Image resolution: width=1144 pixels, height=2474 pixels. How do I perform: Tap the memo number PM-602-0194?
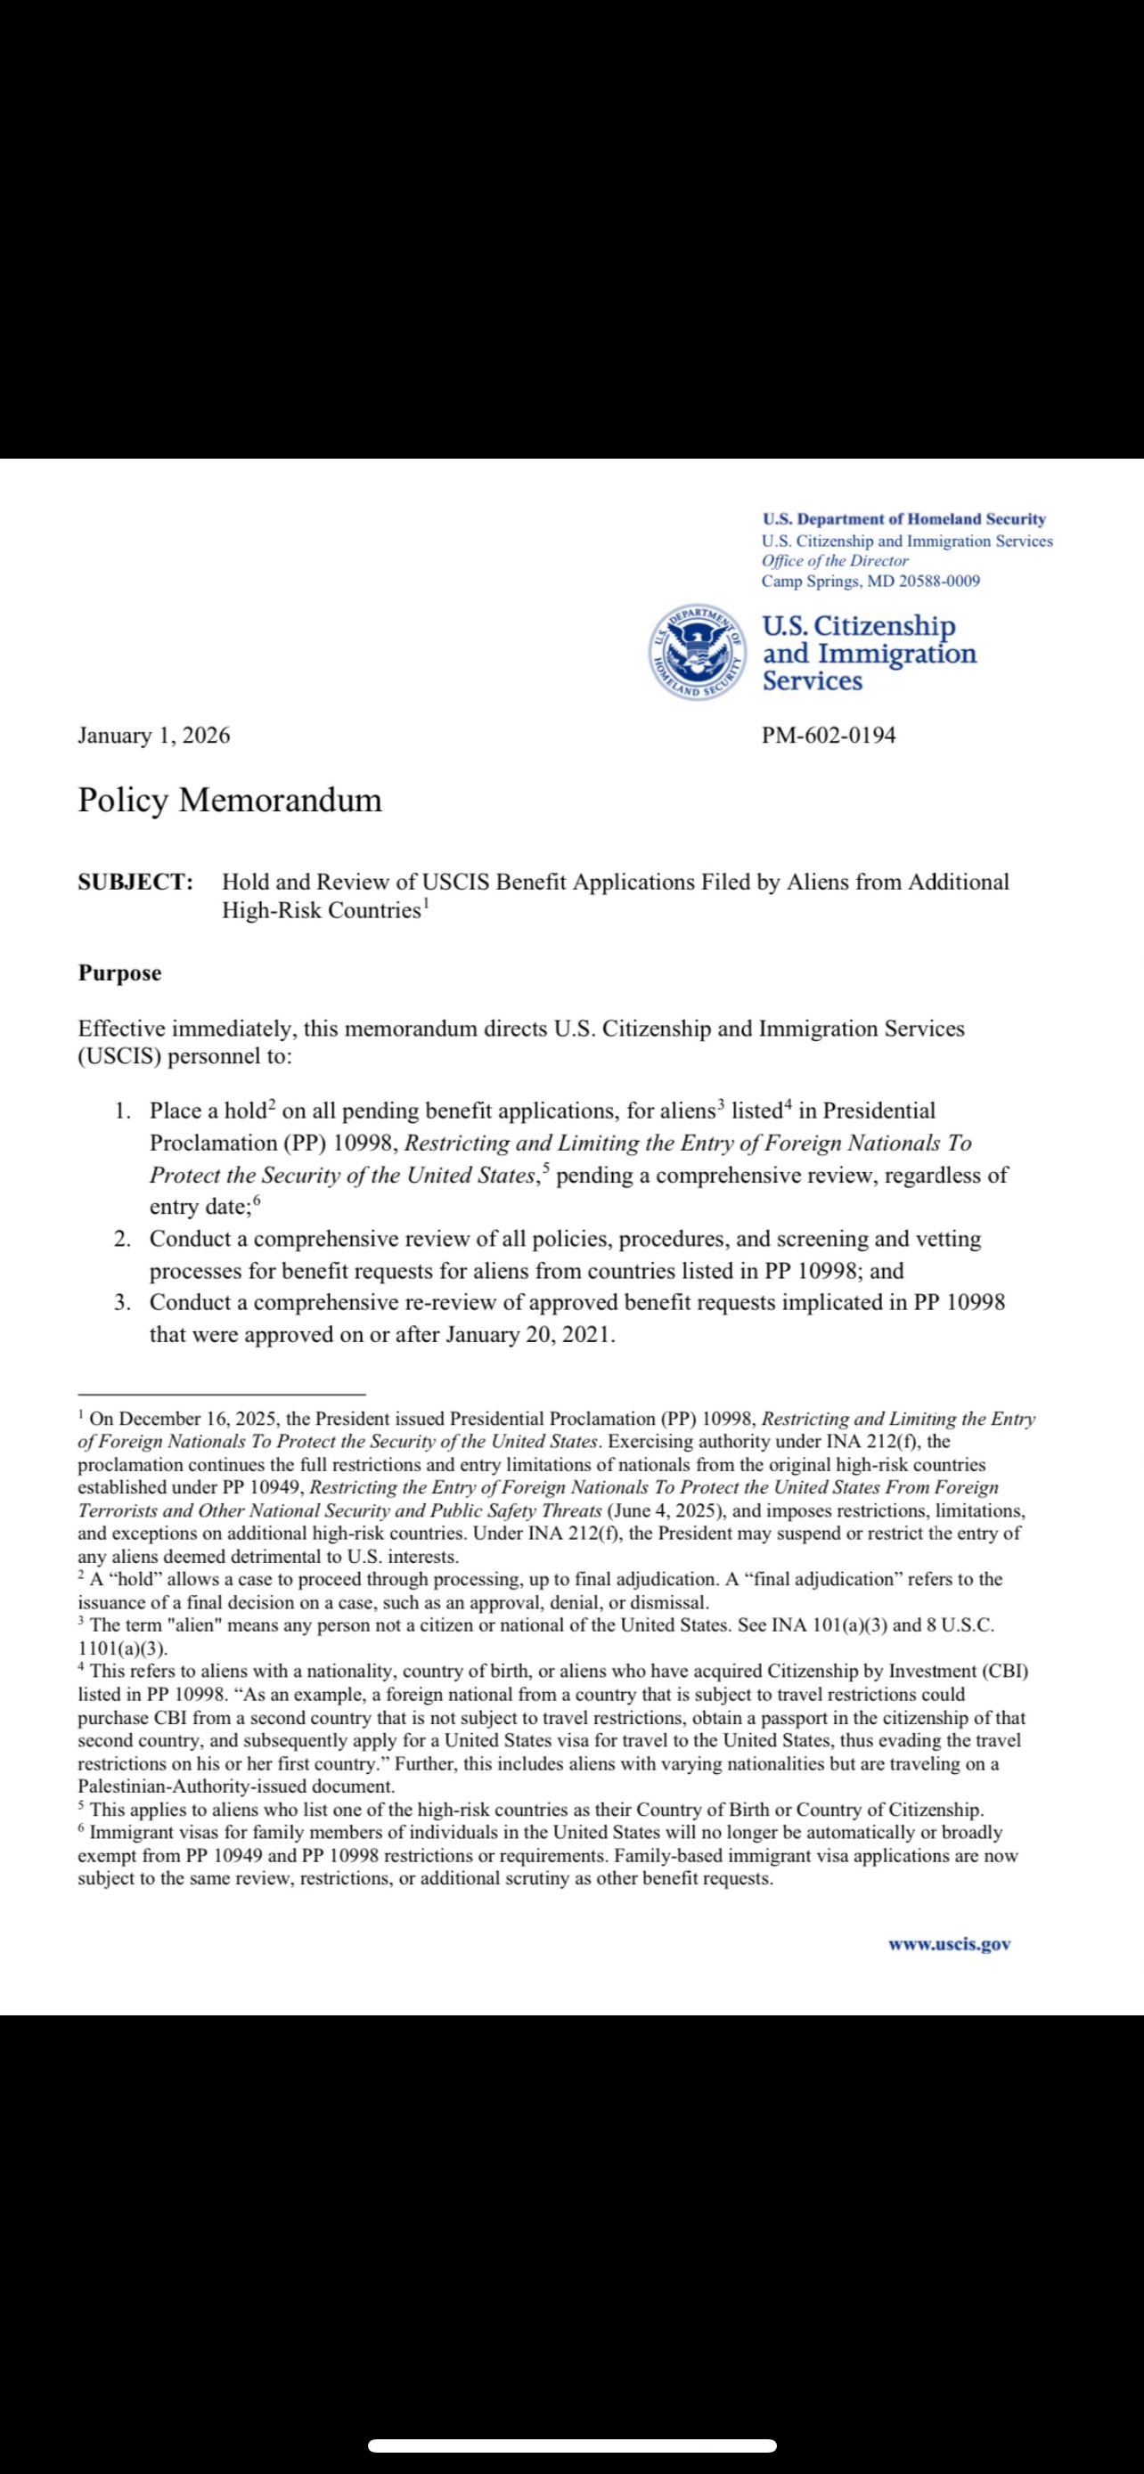(x=828, y=736)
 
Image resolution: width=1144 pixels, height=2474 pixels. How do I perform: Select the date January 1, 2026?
(x=153, y=736)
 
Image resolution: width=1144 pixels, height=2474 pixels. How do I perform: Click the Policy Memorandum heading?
(x=230, y=800)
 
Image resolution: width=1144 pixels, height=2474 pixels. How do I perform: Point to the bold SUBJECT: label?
(x=135, y=882)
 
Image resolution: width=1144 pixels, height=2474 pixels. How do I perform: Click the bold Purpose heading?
(x=120, y=973)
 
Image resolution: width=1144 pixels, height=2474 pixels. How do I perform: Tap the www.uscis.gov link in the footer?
(x=949, y=1944)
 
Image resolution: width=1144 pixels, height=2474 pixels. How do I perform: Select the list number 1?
(x=122, y=1111)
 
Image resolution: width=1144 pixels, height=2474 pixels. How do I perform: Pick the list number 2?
(x=122, y=1239)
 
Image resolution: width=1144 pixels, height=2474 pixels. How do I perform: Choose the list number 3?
(x=122, y=1303)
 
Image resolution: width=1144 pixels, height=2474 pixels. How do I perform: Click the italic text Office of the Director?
(x=835, y=561)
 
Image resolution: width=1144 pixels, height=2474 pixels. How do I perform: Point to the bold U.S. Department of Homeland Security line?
(x=903, y=518)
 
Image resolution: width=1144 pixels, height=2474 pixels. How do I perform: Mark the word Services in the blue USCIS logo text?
(x=813, y=681)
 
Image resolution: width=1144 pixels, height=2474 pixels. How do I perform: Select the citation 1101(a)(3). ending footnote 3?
(x=123, y=1648)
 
